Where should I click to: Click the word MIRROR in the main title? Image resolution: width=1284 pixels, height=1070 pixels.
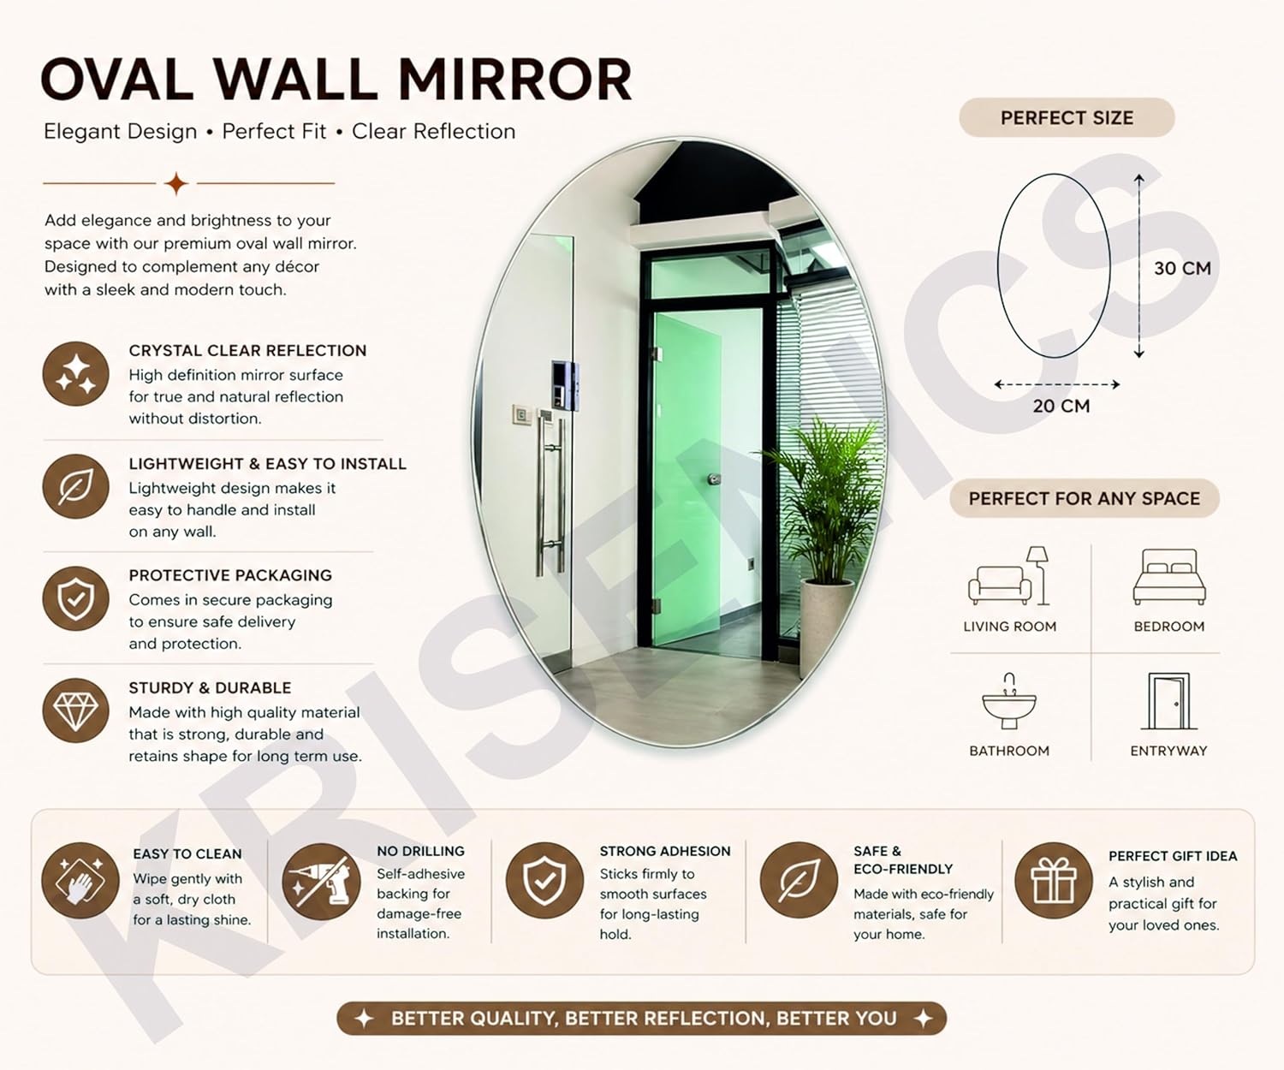coord(515,80)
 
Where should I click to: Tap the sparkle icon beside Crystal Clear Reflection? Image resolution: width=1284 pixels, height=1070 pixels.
coord(75,374)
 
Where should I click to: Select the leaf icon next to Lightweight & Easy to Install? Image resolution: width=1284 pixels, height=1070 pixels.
coord(75,486)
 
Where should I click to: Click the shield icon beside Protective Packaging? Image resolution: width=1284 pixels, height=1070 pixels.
coord(75,598)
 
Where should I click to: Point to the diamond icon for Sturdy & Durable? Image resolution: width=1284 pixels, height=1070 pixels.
coord(75,710)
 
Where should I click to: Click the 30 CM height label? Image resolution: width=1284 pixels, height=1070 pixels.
coord(1182,268)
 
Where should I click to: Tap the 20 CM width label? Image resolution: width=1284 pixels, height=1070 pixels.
coord(1061,406)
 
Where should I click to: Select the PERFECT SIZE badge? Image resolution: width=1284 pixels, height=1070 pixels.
coord(1067,117)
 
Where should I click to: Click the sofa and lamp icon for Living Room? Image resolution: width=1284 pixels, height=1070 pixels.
coord(1008,575)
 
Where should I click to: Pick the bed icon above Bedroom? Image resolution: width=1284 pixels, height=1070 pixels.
coord(1169,577)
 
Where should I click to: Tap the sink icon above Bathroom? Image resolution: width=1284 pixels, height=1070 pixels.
coord(1009,701)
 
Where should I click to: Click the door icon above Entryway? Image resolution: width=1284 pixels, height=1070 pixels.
coord(1168,701)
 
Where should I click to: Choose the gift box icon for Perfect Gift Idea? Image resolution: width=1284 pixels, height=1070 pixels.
coord(1054,881)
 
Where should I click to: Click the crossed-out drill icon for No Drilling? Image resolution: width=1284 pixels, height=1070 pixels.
coord(320,881)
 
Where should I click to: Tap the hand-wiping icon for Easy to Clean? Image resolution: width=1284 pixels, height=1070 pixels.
coord(80,881)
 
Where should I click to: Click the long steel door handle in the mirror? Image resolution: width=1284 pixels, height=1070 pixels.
coord(550,492)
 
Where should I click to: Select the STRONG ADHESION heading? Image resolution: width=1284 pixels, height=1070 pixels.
coord(665,851)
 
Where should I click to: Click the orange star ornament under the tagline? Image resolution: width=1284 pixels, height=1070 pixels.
coord(176,183)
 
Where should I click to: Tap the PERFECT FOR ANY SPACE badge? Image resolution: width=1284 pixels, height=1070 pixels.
coord(1085,498)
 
